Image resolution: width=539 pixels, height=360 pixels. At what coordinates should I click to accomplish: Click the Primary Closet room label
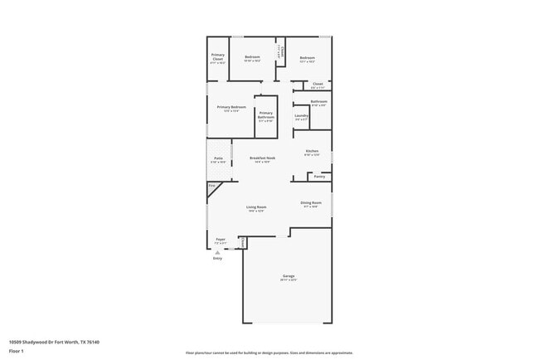pos(217,56)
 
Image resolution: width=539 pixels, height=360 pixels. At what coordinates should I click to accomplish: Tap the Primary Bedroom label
pos(231,107)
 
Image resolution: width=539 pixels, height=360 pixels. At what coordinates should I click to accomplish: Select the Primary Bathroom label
pos(265,115)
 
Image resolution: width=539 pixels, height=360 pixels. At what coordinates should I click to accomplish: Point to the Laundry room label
pos(301,115)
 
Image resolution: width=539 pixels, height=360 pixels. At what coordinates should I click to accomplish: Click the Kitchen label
pos(311,151)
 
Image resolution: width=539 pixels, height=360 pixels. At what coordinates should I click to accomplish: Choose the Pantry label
pos(319,176)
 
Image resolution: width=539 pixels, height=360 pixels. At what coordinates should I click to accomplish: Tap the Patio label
pos(218,158)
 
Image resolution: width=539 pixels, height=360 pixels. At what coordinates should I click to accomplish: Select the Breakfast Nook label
pos(262,158)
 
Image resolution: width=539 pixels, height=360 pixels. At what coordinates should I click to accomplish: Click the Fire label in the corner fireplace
pos(211,185)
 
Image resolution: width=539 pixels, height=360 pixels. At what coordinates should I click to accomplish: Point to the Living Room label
pos(255,207)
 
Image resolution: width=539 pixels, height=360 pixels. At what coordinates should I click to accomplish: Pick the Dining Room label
pos(310,202)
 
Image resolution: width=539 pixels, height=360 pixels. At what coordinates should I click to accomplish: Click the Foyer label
pos(221,239)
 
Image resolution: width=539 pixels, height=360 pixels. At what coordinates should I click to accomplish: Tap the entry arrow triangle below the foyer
pos(217,252)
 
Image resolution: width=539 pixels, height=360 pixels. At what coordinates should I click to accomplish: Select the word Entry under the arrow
pos(217,259)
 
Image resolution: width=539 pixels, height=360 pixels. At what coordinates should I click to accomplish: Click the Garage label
pos(288,276)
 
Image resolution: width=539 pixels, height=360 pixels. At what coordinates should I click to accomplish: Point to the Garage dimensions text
pos(288,280)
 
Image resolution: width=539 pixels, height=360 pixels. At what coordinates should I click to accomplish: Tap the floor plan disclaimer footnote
pos(269,353)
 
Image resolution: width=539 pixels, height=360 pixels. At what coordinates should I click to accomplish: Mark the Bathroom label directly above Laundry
pos(318,101)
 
